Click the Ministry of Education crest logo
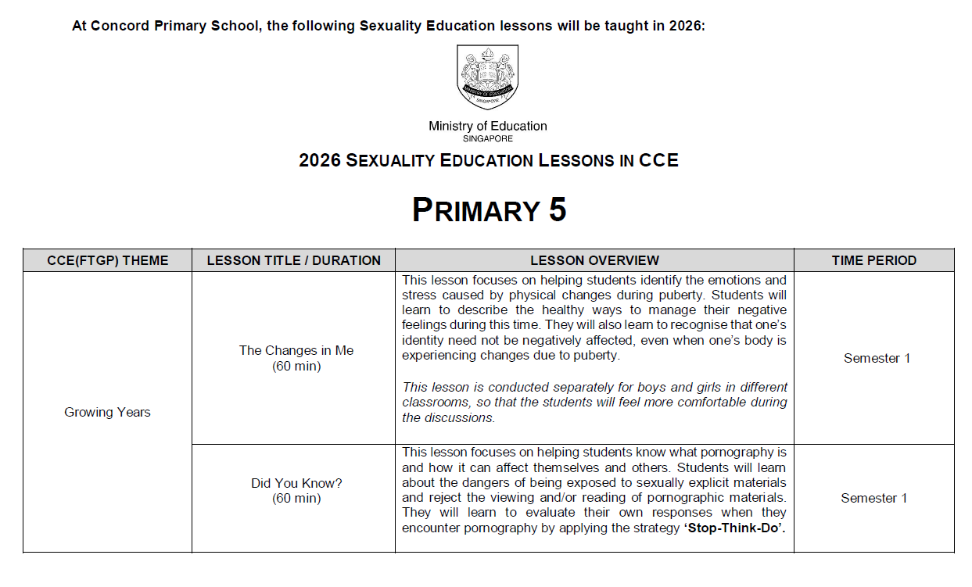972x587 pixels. [x=487, y=77]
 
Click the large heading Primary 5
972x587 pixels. [x=489, y=209]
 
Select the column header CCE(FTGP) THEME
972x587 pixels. [x=107, y=260]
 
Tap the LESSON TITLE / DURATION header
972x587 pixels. [x=293, y=260]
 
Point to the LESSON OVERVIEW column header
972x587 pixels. [x=594, y=260]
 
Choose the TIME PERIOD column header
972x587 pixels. [x=873, y=260]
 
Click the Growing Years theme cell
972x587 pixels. [x=107, y=412]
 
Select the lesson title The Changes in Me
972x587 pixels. [x=296, y=350]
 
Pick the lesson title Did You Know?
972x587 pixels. [x=296, y=483]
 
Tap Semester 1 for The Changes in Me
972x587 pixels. [x=877, y=358]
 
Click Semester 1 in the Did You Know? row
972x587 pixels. [x=873, y=498]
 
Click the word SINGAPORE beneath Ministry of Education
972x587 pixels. [x=487, y=138]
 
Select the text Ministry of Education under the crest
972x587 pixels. [x=487, y=126]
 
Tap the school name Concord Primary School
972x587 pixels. [x=174, y=26]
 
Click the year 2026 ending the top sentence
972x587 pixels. [x=686, y=26]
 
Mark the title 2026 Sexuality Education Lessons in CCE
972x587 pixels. [x=488, y=161]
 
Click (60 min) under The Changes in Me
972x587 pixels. [x=296, y=366]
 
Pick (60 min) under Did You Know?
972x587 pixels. [x=296, y=498]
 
